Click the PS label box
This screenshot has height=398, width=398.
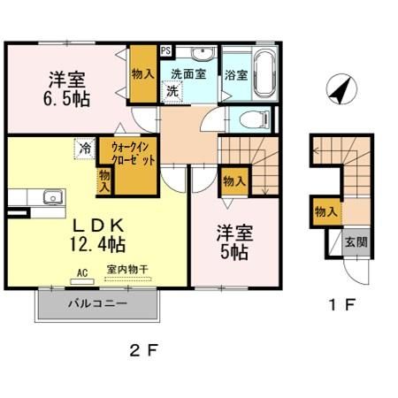[x=165, y=51]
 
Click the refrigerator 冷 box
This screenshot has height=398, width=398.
[x=84, y=148]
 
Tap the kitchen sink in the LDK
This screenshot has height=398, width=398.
[x=50, y=196]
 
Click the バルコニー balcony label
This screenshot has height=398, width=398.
[x=97, y=303]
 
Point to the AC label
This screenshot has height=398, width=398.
[x=83, y=273]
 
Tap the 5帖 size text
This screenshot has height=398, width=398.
[x=234, y=252]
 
